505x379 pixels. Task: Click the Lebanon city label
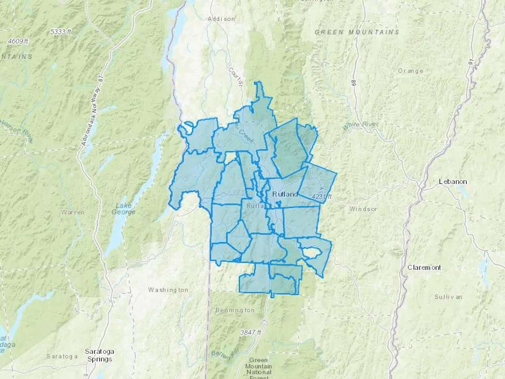[453, 182]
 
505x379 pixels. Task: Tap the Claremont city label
[424, 268]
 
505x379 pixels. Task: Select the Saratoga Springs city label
[99, 355]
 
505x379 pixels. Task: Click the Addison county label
[221, 19]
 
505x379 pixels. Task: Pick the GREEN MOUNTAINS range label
[357, 32]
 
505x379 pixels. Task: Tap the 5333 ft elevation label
[61, 32]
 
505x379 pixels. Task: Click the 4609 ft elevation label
[18, 42]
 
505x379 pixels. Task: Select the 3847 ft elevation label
[251, 332]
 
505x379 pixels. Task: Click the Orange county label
[410, 71]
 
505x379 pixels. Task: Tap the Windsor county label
[363, 209]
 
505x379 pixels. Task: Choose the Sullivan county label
[448, 297]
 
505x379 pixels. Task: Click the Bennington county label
[235, 310]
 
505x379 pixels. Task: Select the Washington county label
[168, 290]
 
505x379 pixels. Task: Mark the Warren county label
[73, 212]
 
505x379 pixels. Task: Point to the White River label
[361, 125]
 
